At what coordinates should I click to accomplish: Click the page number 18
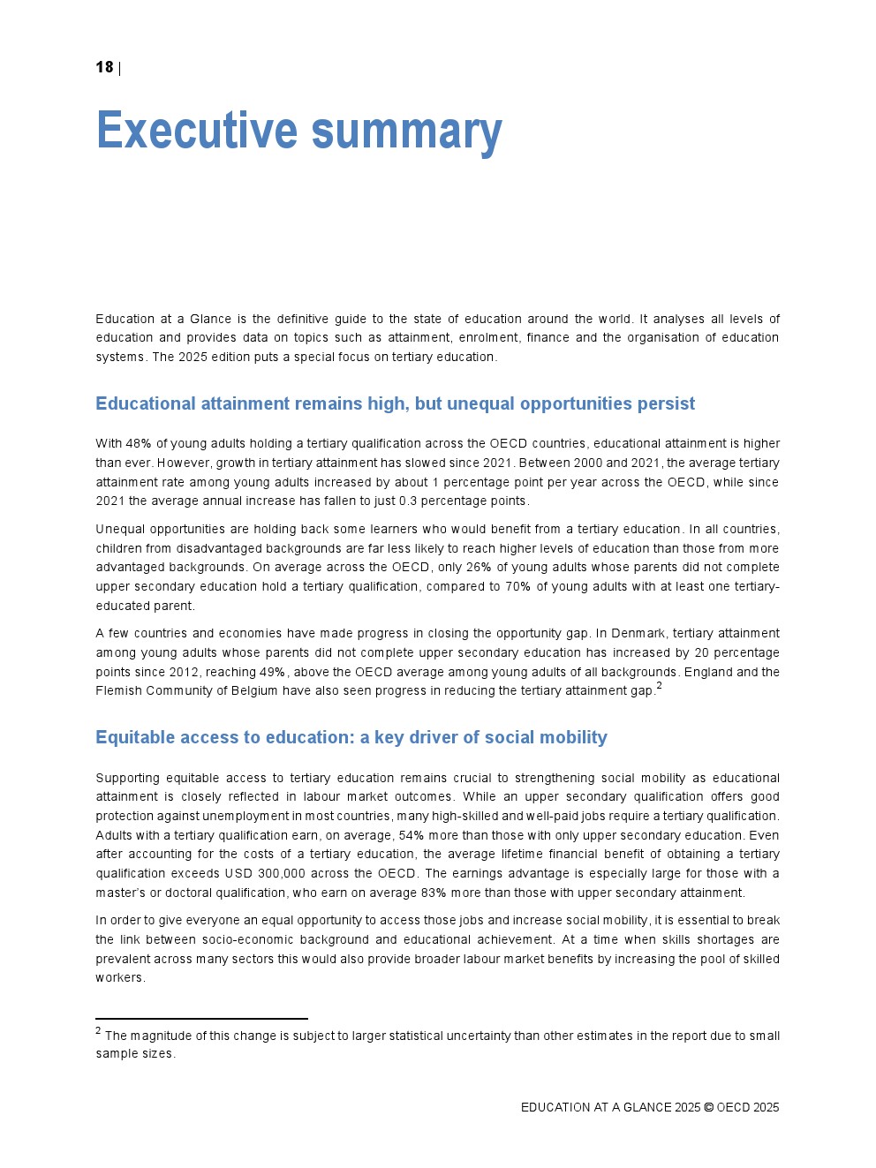(x=104, y=67)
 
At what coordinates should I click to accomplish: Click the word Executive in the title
(x=197, y=131)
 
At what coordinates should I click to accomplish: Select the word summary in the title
(x=407, y=131)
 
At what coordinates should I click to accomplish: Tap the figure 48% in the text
(x=139, y=443)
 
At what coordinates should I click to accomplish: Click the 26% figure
(x=479, y=567)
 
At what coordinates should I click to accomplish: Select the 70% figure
(x=517, y=586)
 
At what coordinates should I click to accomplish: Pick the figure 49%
(x=273, y=672)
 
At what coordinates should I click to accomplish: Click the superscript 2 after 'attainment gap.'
(x=659, y=686)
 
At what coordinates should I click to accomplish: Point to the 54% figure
(x=412, y=835)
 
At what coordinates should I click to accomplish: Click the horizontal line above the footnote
(x=201, y=1019)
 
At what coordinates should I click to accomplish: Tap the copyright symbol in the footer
(x=708, y=1107)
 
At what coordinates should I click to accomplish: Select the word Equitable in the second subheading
(x=133, y=737)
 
